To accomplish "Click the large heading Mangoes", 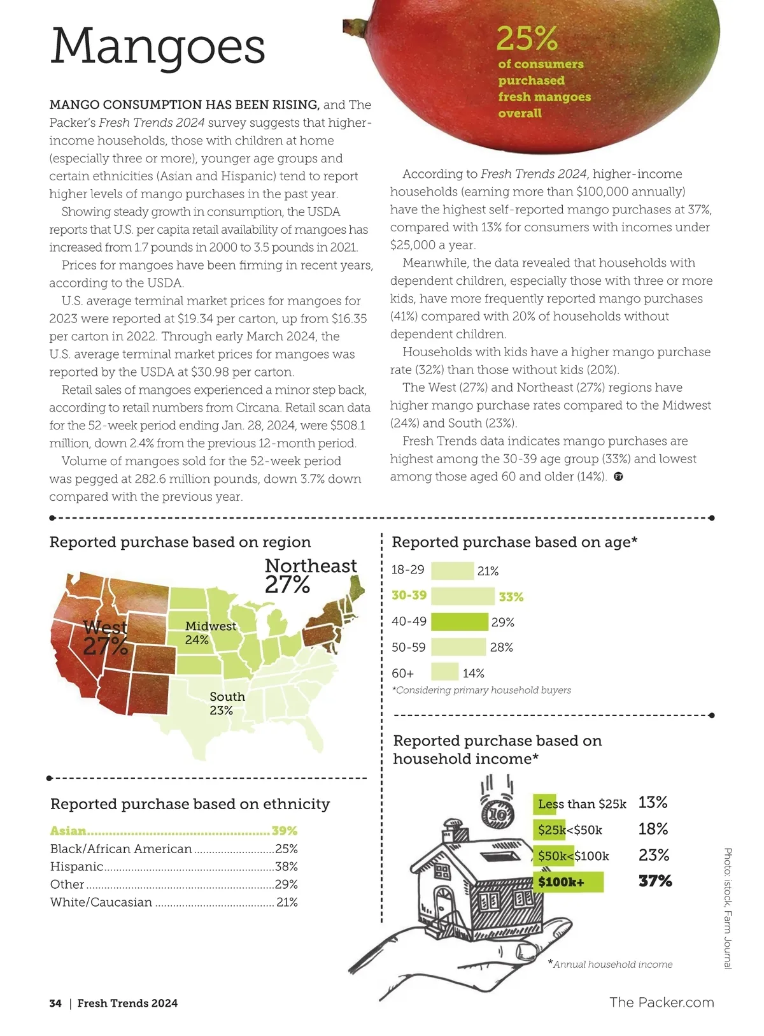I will pos(157,47).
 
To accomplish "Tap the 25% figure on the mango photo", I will pos(527,39).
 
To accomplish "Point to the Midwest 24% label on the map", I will pos(210,633).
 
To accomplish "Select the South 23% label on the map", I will pos(227,703).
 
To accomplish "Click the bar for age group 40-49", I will pos(459,622).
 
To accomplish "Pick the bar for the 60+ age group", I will pos(444,672).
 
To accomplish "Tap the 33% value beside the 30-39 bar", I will pos(511,597).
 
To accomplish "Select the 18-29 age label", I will pos(407,570).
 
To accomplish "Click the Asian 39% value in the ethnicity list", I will pos(284,831).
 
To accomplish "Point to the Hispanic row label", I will pos(76,867).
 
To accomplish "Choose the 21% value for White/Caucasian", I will pos(286,902).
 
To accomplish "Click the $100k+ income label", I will pos(561,882).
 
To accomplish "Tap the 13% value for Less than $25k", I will pos(653,803).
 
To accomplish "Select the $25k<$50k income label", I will pos(570,830).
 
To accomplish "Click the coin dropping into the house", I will pos(499,814).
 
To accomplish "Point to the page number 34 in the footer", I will pos(55,1004).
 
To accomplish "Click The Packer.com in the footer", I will pos(661,1002).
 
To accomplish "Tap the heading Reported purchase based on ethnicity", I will pos(190,804).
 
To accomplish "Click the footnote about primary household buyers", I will pos(481,690).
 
